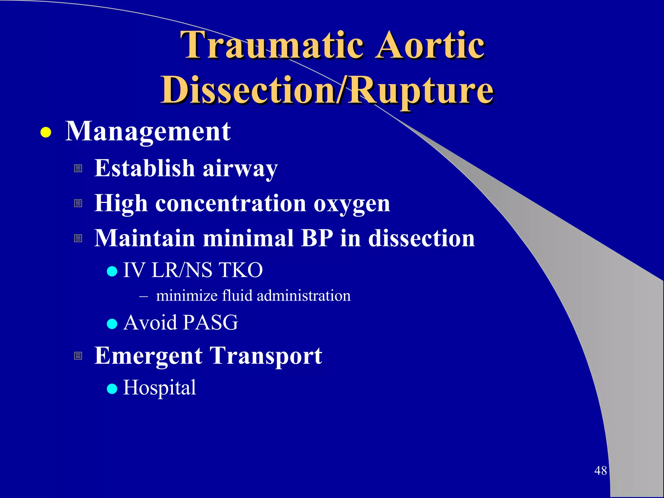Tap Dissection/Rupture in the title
coord(327,90)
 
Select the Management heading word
coord(148,131)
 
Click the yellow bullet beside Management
coord(46,133)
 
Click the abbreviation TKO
coord(240,270)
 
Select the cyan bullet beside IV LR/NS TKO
coord(112,271)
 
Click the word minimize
coord(186,296)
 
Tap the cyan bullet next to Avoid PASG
coord(112,324)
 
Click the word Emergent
coord(148,356)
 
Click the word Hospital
coord(160,387)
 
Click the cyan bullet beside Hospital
coord(112,388)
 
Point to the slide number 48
coord(600,470)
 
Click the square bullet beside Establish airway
coord(78,168)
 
